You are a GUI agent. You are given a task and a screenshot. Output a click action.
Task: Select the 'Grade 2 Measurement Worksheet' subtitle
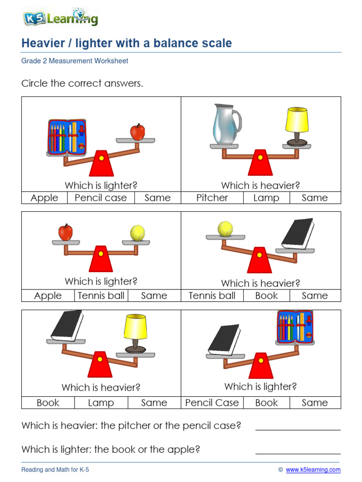pyautogui.click(x=74, y=61)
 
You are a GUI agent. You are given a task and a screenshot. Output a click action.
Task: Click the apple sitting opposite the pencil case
pyautogui.click(x=137, y=132)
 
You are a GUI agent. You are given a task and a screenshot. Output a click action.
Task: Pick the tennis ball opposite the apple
pyautogui.click(x=137, y=233)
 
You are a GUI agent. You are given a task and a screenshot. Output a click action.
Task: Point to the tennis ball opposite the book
pyautogui.click(x=225, y=229)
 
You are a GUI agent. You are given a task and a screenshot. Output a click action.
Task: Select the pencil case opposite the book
pyautogui.click(x=295, y=326)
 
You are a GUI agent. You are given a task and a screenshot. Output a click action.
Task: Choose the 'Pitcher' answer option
pyautogui.click(x=212, y=198)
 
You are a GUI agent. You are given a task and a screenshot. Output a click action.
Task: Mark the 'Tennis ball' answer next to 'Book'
pyautogui.click(x=212, y=296)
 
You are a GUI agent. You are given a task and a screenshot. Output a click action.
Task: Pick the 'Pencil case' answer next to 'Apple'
pyautogui.click(x=100, y=198)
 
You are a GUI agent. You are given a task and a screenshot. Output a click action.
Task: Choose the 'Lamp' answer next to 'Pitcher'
pyautogui.click(x=266, y=198)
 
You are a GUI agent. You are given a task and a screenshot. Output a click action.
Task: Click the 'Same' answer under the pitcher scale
pyautogui.click(x=314, y=198)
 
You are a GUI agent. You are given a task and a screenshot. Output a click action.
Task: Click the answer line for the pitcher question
pyautogui.click(x=297, y=429)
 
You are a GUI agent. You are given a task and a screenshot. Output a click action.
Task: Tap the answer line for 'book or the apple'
pyautogui.click(x=297, y=453)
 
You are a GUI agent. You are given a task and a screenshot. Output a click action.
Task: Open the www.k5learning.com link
pyautogui.click(x=313, y=470)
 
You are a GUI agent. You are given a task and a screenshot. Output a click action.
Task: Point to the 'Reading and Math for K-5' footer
pyautogui.click(x=55, y=470)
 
